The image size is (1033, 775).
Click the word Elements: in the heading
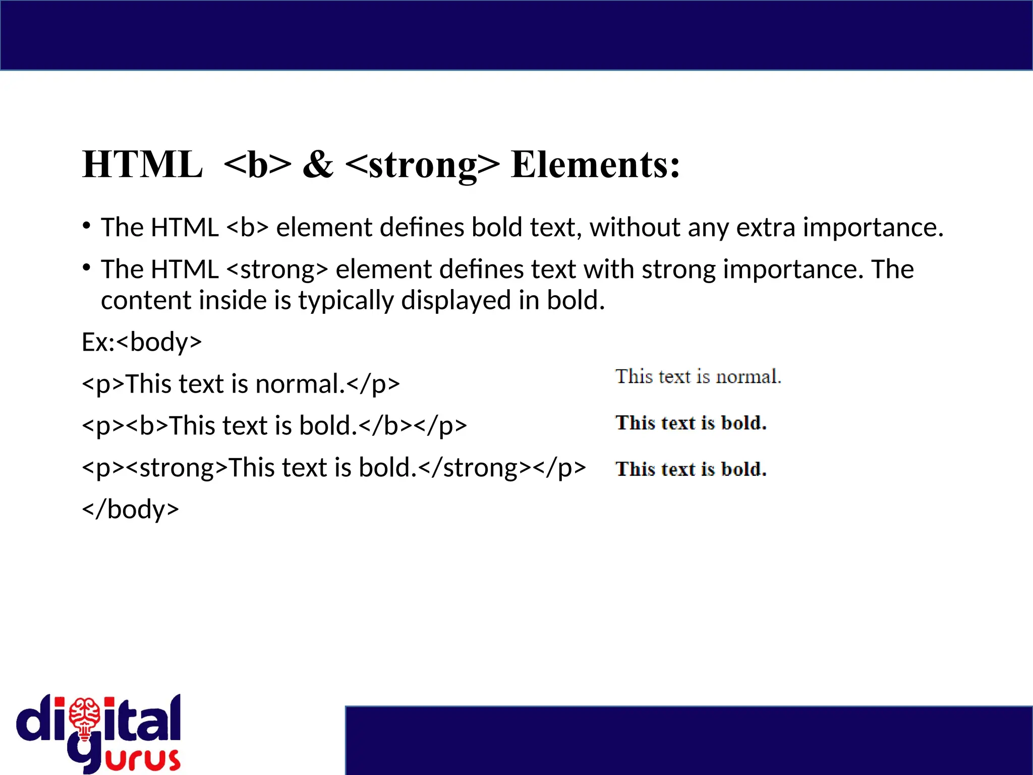click(x=595, y=164)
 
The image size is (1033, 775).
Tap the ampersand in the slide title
click(x=318, y=164)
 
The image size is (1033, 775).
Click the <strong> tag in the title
click(x=423, y=165)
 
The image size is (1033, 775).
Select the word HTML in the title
click(x=142, y=164)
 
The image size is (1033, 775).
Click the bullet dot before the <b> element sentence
click(x=87, y=225)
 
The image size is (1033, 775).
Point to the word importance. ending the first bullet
click(x=873, y=228)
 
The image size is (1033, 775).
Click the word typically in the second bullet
click(x=346, y=301)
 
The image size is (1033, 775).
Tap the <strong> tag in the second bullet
click(x=277, y=269)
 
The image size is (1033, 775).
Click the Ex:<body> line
click(x=142, y=342)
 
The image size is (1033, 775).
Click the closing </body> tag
click(x=131, y=509)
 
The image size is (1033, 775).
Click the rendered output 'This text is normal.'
click(x=698, y=377)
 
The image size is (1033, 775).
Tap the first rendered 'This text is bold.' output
click(x=691, y=423)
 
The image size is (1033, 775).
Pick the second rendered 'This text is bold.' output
click(x=691, y=469)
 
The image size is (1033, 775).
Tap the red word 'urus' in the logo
click(x=143, y=759)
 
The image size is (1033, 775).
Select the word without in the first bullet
click(x=635, y=228)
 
